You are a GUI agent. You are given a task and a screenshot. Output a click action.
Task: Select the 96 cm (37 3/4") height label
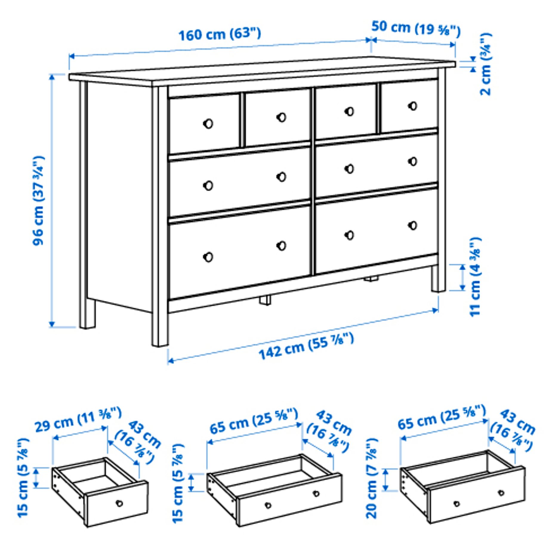(x=38, y=201)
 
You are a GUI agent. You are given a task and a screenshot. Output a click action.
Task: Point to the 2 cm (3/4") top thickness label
(x=485, y=64)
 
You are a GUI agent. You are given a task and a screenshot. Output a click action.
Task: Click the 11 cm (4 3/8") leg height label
(x=475, y=277)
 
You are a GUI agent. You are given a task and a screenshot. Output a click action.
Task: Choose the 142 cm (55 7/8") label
(x=306, y=346)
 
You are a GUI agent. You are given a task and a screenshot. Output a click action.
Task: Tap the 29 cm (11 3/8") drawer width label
(x=78, y=420)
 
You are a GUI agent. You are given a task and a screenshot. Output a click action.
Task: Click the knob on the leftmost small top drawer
(x=208, y=124)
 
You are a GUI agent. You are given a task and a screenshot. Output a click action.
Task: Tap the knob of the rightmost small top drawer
(x=413, y=106)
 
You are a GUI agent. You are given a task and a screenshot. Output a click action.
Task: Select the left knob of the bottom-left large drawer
(x=208, y=257)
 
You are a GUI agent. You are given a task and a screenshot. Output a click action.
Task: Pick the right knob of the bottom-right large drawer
(x=413, y=226)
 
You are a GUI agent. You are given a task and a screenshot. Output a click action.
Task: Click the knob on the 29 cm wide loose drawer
(x=119, y=503)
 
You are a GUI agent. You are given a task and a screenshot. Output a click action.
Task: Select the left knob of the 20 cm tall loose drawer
(x=457, y=504)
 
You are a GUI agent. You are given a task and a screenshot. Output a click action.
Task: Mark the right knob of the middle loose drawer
(x=316, y=494)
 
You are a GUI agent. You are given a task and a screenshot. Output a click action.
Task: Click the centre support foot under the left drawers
(x=265, y=300)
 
